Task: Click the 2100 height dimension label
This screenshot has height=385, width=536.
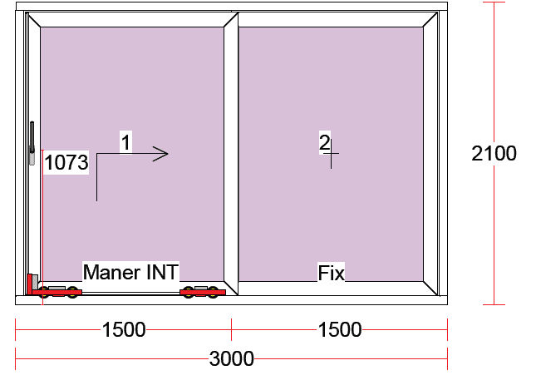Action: (x=494, y=153)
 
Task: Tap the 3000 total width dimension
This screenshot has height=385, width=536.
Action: (x=231, y=358)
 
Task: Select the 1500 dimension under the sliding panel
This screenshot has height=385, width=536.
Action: (x=124, y=329)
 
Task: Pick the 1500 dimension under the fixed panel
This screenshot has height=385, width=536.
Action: (x=340, y=329)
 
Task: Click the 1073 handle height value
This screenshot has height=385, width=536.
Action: (x=66, y=162)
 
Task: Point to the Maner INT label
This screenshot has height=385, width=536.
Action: (x=131, y=272)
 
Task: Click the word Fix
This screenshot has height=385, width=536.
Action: (x=332, y=273)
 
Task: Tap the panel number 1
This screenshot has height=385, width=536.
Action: (x=125, y=142)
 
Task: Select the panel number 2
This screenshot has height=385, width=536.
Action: (x=324, y=142)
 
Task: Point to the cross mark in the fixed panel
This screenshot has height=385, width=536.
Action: (x=331, y=154)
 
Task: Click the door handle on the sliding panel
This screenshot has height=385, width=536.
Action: (x=32, y=143)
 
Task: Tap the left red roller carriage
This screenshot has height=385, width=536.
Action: (x=58, y=292)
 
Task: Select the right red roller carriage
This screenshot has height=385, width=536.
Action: (x=203, y=292)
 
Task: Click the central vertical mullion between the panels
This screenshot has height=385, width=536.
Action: (x=231, y=154)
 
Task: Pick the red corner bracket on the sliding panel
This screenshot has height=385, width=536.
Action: (x=30, y=284)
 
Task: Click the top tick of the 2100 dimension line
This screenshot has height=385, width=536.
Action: (x=494, y=2)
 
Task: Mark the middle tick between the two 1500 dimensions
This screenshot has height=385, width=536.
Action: (x=231, y=329)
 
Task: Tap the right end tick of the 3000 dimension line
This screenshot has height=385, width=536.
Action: (x=447, y=358)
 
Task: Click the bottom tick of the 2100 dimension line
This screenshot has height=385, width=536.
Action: (x=494, y=304)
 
